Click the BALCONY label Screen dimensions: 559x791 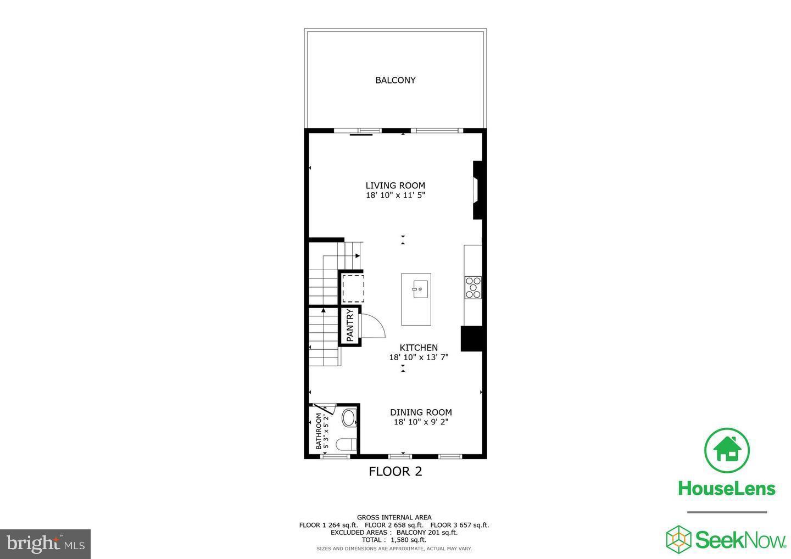[395, 80]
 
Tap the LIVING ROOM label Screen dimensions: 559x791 [395, 186]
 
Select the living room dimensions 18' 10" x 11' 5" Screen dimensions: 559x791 [395, 195]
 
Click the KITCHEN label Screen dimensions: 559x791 [419, 348]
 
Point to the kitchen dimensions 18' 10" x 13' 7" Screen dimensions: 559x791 [419, 357]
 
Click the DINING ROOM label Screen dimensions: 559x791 [421, 412]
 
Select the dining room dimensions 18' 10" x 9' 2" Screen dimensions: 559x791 [421, 422]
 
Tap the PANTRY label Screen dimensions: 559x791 [350, 326]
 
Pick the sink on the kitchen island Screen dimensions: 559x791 [419, 288]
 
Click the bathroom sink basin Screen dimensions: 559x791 [349, 418]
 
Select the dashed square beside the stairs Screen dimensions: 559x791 [353, 288]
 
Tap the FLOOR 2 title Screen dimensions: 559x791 [395, 471]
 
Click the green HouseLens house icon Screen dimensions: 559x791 [727, 450]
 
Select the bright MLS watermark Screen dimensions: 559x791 [45, 544]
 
